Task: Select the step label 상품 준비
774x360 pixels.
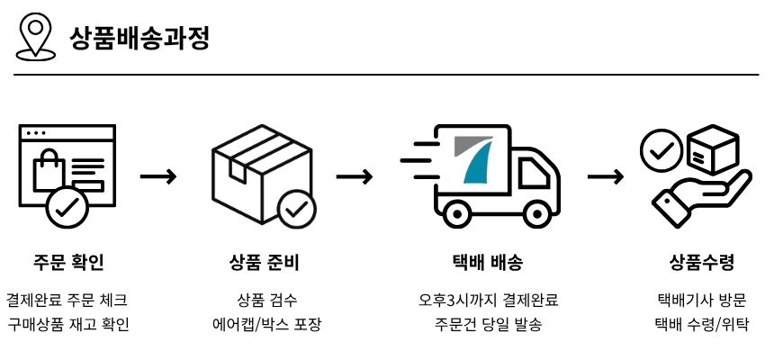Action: pyautogui.click(x=265, y=263)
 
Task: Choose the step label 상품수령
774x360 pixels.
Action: pyautogui.click(x=702, y=263)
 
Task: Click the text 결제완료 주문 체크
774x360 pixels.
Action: pyautogui.click(x=67, y=300)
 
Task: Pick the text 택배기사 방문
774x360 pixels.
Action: pyautogui.click(x=702, y=300)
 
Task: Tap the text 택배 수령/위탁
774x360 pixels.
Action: pyautogui.click(x=702, y=324)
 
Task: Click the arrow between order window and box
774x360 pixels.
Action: pyautogui.click(x=157, y=175)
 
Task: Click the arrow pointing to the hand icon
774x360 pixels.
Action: pyautogui.click(x=605, y=175)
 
